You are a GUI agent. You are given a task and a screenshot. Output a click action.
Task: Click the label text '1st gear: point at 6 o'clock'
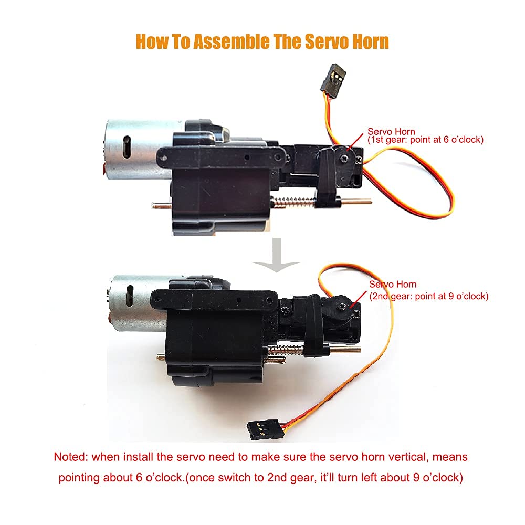pyautogui.click(x=425, y=140)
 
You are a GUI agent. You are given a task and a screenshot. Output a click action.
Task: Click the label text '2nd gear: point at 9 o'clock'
pyautogui.click(x=428, y=296)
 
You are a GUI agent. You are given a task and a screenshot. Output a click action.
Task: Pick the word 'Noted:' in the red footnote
pyautogui.click(x=70, y=457)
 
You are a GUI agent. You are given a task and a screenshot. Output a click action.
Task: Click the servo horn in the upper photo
pyautogui.click(x=342, y=157)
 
